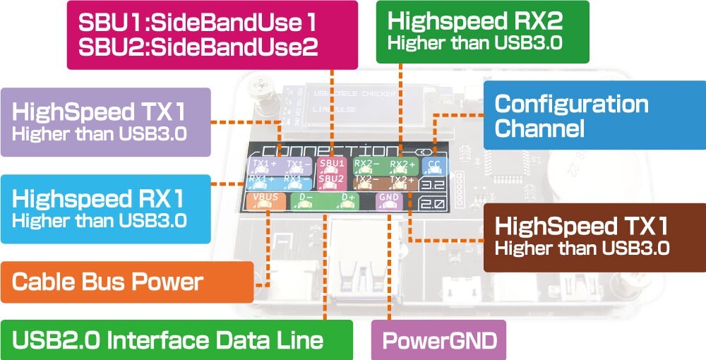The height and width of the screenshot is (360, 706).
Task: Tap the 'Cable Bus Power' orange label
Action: [x=127, y=282]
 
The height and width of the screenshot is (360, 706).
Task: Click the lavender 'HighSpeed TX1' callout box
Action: [x=106, y=121]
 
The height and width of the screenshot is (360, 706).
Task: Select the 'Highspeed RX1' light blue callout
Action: [x=106, y=206]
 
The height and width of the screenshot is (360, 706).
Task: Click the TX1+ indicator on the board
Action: [x=265, y=166]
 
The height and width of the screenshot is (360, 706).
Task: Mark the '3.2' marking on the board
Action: [x=431, y=186]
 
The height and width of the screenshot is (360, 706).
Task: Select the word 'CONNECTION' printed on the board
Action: [x=328, y=150]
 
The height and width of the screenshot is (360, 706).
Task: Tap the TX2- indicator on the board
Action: [x=367, y=182]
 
